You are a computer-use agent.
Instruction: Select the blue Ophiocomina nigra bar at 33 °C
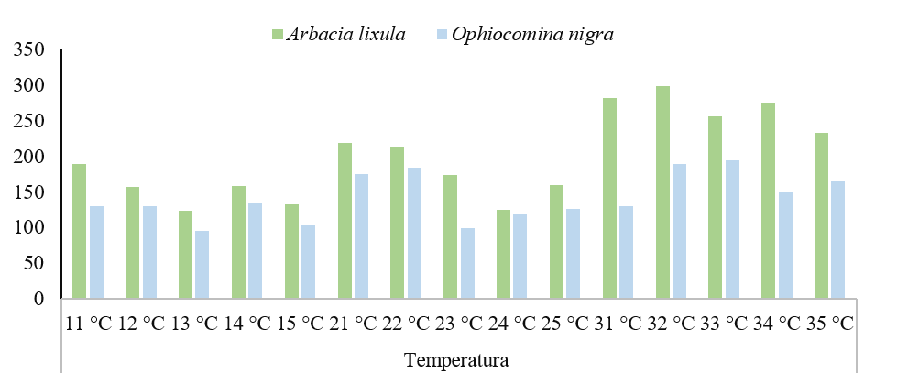pos(733,229)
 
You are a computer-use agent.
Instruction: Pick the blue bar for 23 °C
pos(467,263)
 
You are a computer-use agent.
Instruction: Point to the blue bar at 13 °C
pos(202,265)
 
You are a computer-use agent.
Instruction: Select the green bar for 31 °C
pos(610,198)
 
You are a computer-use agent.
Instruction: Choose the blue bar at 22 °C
pos(414,233)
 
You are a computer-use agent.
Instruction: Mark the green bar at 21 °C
pos(345,221)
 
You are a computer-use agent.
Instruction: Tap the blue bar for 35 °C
pos(838,239)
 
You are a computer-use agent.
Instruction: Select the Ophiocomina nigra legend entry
pos(541,34)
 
